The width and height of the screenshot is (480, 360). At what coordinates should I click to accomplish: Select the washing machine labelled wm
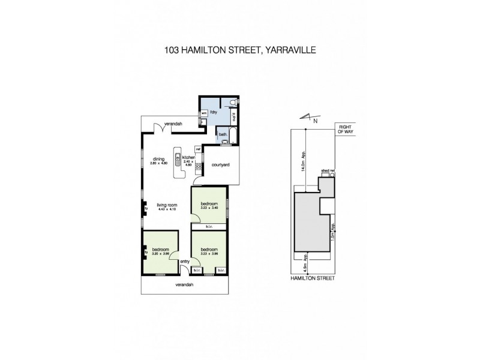pos(203,112)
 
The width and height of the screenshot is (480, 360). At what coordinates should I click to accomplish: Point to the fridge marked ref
pos(197,149)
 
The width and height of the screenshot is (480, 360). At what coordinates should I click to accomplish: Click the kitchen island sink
pos(178,160)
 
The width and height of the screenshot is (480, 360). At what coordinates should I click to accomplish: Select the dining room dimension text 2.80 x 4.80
pos(158,163)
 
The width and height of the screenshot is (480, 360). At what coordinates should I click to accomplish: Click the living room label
pos(166,205)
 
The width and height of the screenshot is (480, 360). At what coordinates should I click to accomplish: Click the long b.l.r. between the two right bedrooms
pos(209,227)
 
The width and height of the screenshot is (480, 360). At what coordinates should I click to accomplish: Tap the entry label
pos(184,260)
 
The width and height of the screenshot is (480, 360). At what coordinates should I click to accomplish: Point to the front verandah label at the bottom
pos(184,284)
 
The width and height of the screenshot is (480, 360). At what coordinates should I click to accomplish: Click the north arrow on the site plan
pos(308,118)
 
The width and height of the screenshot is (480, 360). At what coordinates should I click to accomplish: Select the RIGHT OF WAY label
pos(345,130)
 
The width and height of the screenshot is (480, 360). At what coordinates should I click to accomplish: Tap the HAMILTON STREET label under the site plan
pos(312,278)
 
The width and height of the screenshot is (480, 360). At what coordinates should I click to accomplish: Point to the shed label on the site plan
pos(325,171)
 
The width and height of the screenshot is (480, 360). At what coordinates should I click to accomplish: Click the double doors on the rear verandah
pos(159,127)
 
